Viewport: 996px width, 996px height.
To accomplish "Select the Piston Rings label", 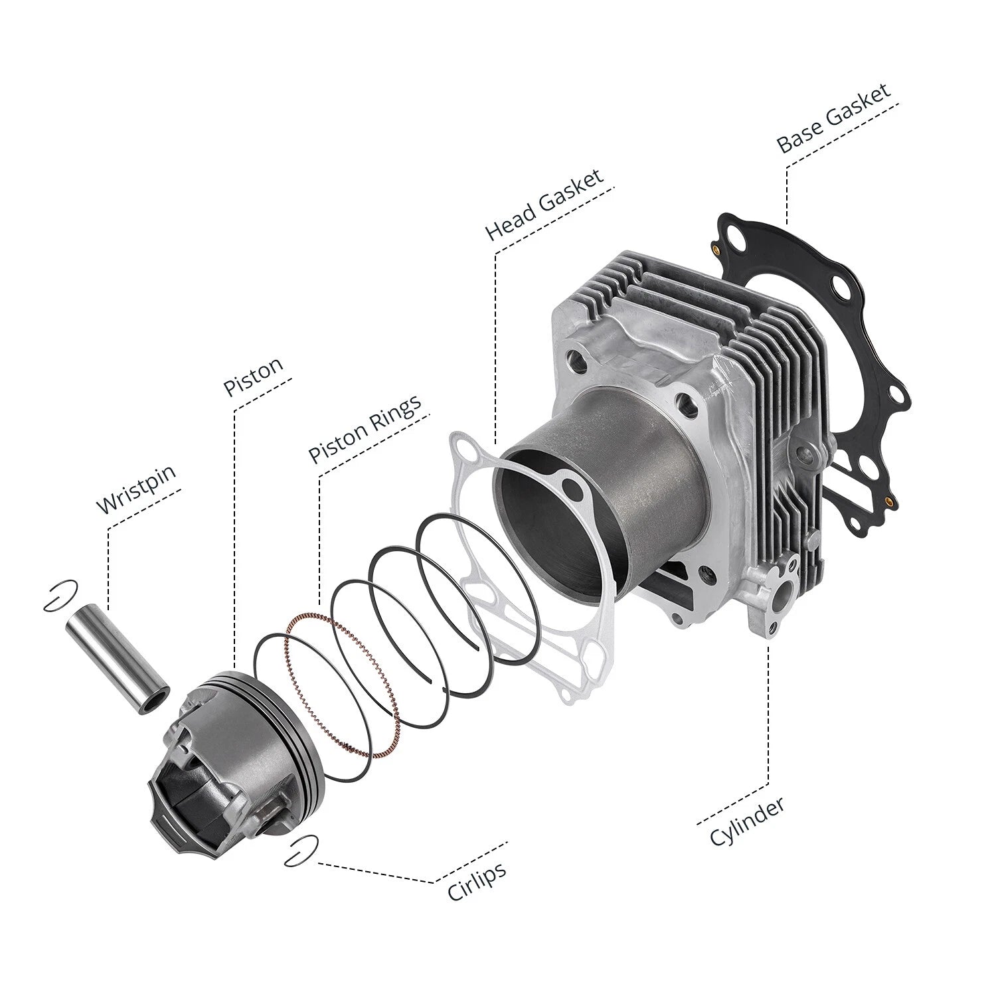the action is pos(365,429).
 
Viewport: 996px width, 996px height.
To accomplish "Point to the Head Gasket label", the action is pos(544,204).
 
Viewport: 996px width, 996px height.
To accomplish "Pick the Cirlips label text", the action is pos(477,880).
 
